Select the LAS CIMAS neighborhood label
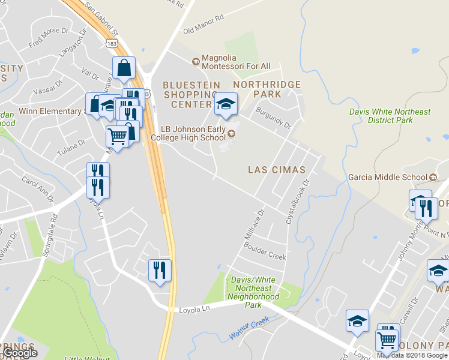tap(276, 170)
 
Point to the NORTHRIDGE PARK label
tap(267, 89)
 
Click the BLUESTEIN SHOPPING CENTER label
tap(191, 95)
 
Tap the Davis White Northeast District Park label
tap(390, 116)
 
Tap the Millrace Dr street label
tap(255, 224)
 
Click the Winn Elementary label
tap(49, 111)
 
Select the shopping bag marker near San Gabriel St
tap(124, 69)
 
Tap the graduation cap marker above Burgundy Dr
tap(226, 105)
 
